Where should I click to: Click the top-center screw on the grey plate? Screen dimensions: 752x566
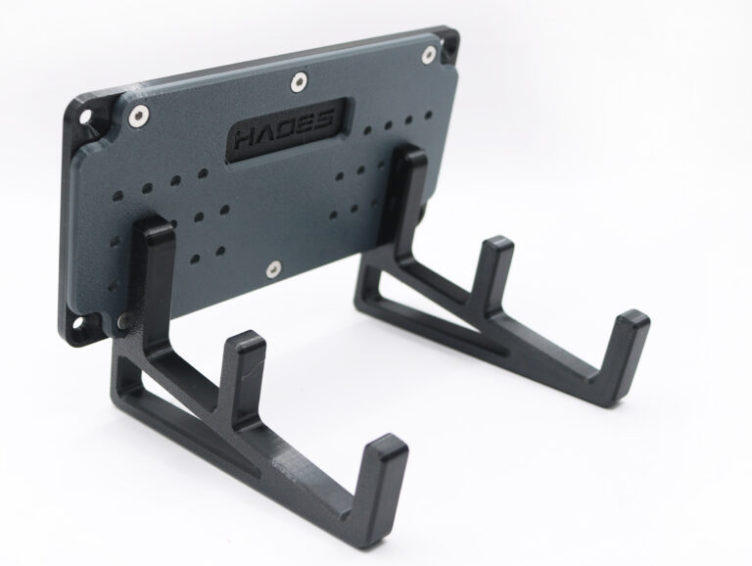(x=299, y=81)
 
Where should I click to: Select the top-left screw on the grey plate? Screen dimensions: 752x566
(x=139, y=116)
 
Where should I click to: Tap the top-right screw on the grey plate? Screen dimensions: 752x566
(x=428, y=54)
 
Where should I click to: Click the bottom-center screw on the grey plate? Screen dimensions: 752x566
(x=274, y=269)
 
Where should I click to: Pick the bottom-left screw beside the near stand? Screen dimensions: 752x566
(x=123, y=320)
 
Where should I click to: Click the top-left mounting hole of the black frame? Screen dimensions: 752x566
(x=85, y=117)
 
